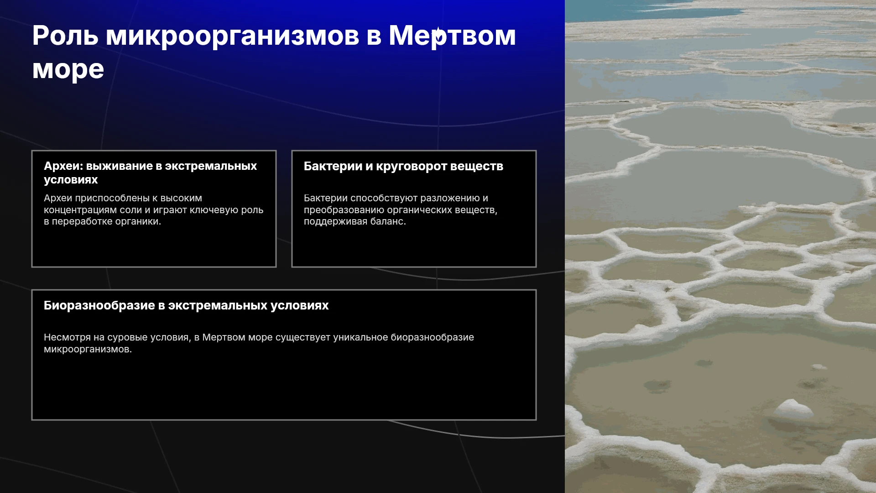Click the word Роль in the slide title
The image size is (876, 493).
coord(65,35)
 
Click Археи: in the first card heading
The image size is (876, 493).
coord(63,166)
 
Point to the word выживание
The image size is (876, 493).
coord(119,166)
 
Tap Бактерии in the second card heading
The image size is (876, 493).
coord(333,166)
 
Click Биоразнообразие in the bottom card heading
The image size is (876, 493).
coord(99,306)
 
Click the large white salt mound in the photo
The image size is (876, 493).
coord(793,409)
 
